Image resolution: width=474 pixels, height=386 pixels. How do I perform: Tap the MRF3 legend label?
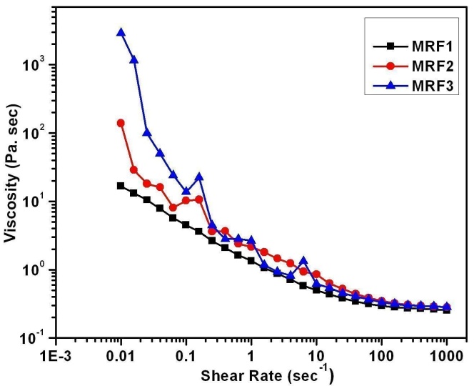click(x=429, y=86)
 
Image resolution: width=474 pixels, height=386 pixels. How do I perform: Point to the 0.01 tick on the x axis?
click(x=121, y=355)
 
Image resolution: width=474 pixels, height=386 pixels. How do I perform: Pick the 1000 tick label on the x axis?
click(x=447, y=355)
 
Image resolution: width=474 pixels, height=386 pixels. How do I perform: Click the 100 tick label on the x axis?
click(x=381, y=355)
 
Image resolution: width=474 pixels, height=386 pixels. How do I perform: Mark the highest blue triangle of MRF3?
click(x=121, y=32)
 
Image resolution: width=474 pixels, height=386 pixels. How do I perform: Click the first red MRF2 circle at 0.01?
click(x=121, y=123)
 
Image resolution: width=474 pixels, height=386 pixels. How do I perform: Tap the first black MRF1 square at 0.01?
click(x=121, y=186)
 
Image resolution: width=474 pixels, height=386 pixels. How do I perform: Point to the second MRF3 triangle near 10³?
click(x=134, y=60)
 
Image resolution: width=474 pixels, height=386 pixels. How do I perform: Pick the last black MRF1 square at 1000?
click(x=447, y=310)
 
